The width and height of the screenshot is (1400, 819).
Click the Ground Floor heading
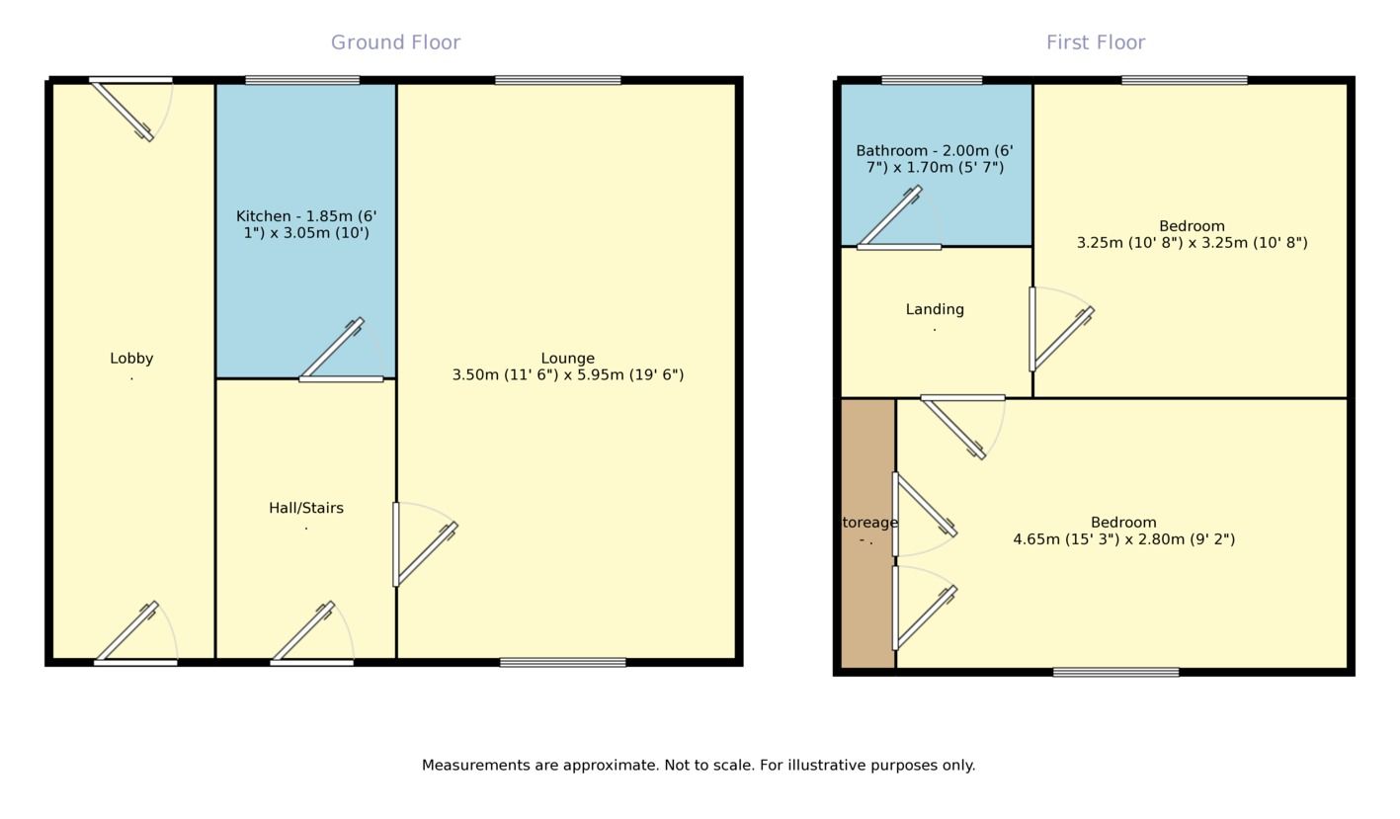[x=395, y=42]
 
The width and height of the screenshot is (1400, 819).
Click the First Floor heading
[x=1096, y=42]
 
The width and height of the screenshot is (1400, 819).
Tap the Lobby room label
[x=131, y=359]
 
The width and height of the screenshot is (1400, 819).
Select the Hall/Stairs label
[x=306, y=508]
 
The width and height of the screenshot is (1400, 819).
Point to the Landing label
[x=935, y=309]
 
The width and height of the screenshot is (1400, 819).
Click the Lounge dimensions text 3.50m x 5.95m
[x=568, y=375]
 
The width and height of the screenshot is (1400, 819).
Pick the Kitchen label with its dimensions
[x=306, y=224]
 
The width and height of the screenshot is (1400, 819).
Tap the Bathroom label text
[x=935, y=159]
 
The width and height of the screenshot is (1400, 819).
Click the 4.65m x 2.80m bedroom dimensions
[x=1123, y=538]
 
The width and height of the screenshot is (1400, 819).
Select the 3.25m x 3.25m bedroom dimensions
[x=1192, y=243]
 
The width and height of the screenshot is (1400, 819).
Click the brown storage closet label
[x=867, y=531]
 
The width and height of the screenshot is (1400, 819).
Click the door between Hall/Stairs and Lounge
[x=425, y=545]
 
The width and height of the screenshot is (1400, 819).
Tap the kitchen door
[x=341, y=351]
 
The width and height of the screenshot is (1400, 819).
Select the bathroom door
[x=899, y=217]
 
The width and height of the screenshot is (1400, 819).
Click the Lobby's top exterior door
[x=130, y=109]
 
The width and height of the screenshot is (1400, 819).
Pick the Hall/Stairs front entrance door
[x=312, y=633]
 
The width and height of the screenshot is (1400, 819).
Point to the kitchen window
[x=302, y=80]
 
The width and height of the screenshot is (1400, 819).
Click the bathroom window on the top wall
[x=932, y=80]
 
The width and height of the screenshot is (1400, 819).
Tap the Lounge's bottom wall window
[x=562, y=663]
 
